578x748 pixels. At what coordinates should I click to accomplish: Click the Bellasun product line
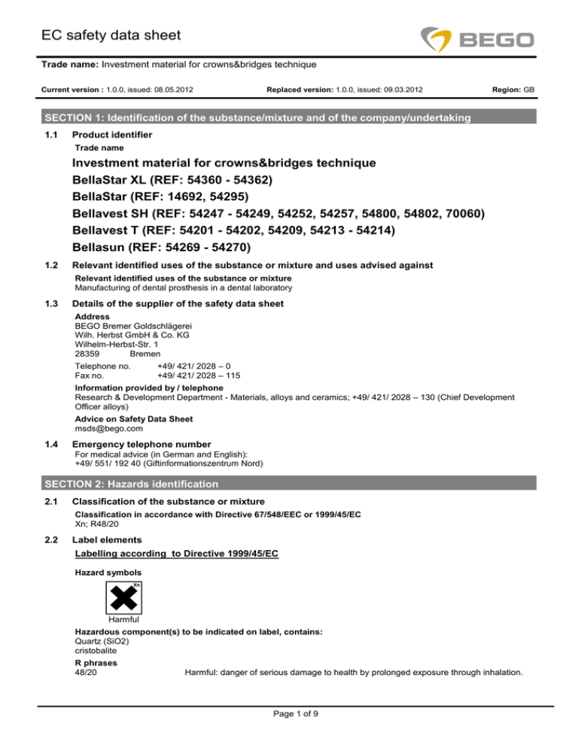point(161,247)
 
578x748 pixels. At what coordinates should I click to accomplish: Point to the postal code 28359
point(88,353)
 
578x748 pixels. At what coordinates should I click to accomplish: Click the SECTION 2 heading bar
point(289,483)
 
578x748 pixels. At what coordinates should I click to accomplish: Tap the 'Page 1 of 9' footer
point(289,737)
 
